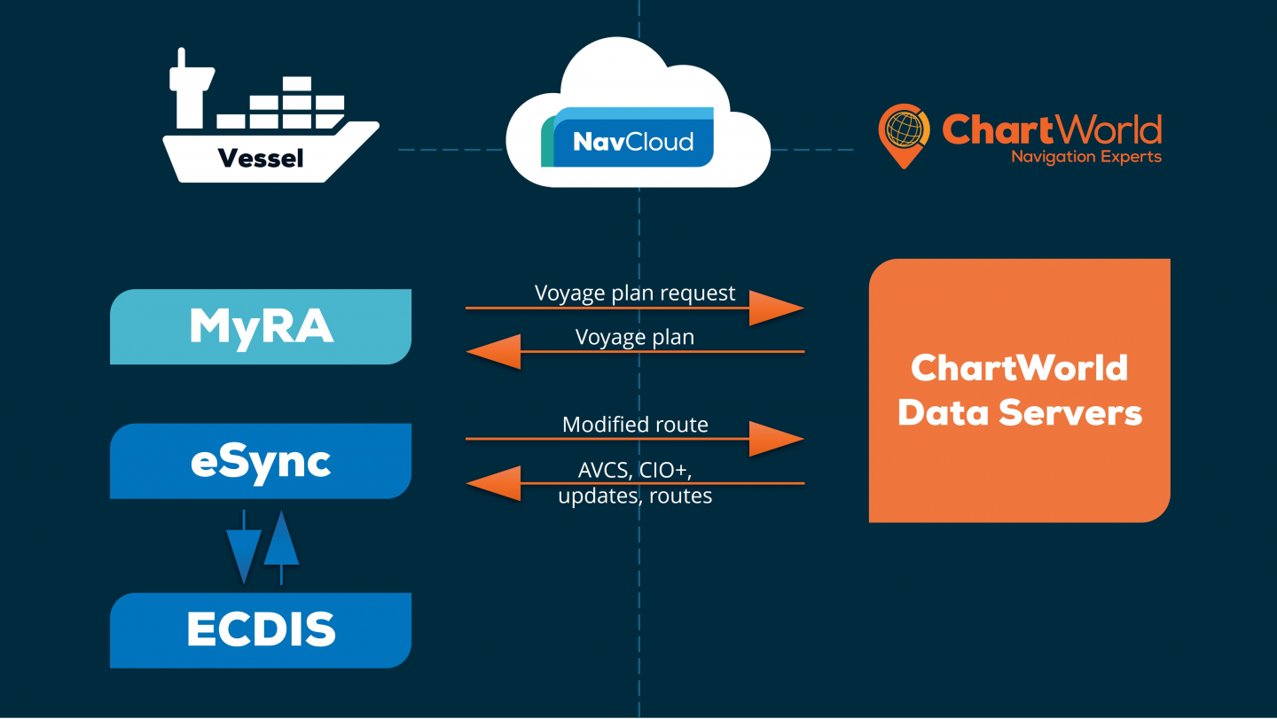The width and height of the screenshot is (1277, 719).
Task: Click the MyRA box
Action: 261,326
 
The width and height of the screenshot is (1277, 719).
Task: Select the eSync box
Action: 261,461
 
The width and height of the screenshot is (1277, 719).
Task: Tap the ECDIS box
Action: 261,630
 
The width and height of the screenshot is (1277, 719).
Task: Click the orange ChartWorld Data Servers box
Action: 1019,390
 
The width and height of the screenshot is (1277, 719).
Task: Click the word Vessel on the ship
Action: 260,159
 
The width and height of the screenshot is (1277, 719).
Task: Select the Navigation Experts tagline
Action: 1085,158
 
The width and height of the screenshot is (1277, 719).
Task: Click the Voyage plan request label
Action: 635,293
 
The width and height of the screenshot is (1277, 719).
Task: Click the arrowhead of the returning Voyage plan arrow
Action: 493,352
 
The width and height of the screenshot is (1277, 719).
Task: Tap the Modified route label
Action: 635,425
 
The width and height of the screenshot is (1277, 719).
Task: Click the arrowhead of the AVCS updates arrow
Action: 493,483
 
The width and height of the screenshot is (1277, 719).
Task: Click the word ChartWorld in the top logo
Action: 1051,130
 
